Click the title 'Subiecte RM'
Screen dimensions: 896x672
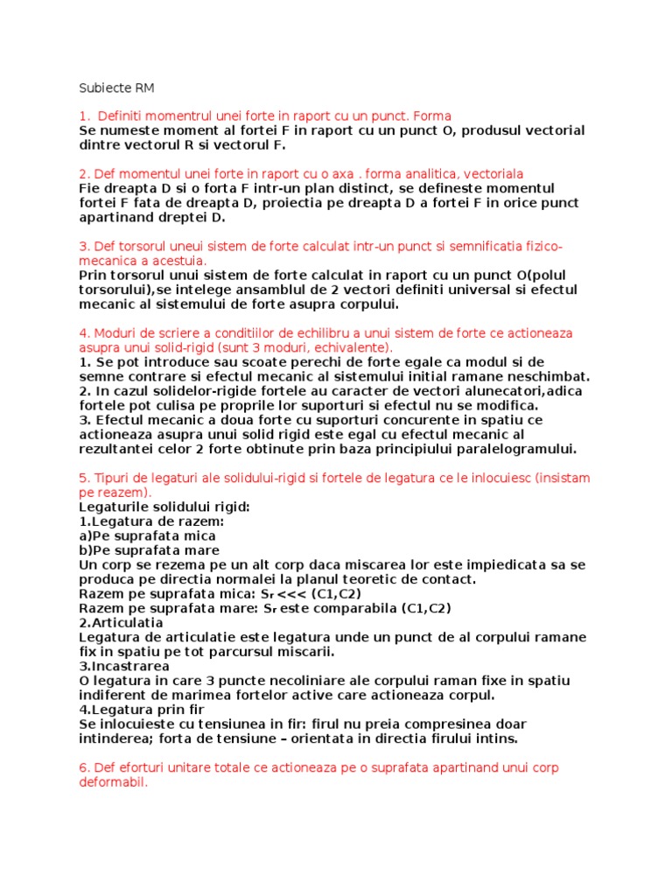[x=115, y=88]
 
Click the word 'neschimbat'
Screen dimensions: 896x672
[x=533, y=377]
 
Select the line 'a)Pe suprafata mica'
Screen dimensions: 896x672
[x=147, y=535]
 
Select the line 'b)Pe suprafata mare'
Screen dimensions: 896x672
[x=147, y=550]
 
